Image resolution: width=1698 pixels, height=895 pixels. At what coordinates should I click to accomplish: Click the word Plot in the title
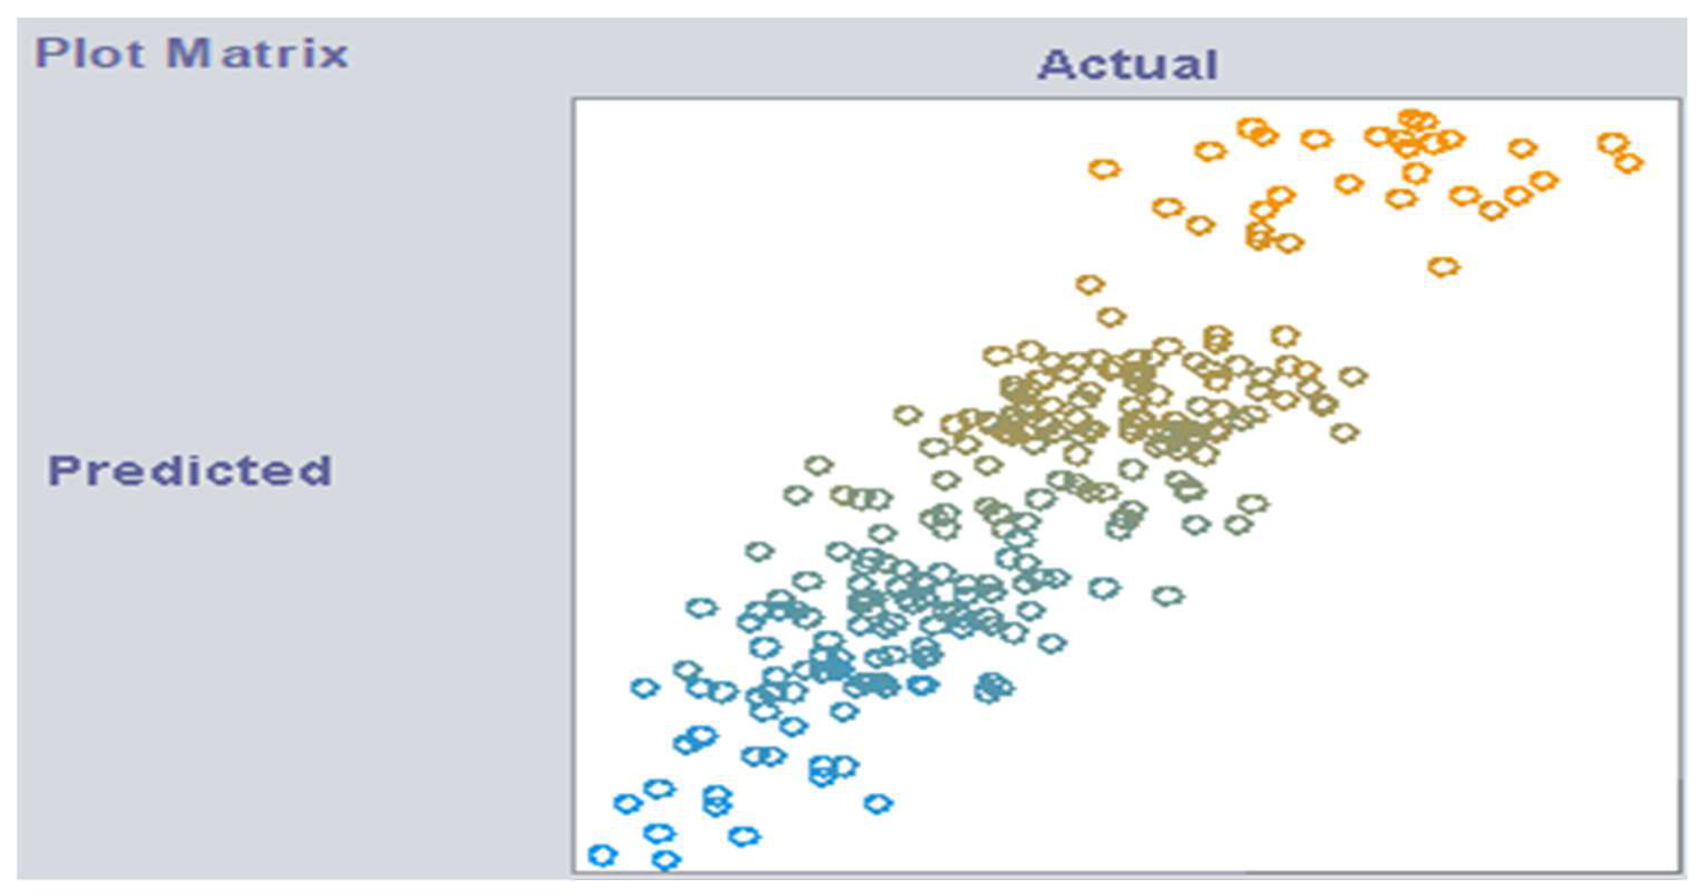(x=89, y=54)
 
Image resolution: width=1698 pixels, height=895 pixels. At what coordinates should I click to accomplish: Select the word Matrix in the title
(x=257, y=54)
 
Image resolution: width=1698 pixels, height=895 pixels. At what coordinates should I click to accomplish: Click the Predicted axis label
(x=190, y=470)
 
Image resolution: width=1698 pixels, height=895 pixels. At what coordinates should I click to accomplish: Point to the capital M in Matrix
(x=188, y=54)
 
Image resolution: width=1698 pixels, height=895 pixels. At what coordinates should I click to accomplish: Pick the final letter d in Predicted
(x=316, y=470)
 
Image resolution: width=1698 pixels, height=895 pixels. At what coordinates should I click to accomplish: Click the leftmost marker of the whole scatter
(x=602, y=855)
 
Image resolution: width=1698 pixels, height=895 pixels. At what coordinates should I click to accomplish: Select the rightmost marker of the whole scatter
(x=1629, y=162)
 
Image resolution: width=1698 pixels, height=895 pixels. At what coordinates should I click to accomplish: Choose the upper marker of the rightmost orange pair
(x=1612, y=142)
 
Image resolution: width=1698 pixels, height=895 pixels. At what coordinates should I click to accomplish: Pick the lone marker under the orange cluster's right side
(x=1444, y=267)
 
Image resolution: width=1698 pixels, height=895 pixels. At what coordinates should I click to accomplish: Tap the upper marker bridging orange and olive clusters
(x=1090, y=285)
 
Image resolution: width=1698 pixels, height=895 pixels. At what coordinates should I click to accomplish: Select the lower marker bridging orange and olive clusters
(x=1110, y=317)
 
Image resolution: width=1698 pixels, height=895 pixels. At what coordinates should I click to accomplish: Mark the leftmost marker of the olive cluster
(x=908, y=415)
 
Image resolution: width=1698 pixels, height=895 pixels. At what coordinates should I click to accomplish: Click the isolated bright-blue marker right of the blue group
(x=878, y=803)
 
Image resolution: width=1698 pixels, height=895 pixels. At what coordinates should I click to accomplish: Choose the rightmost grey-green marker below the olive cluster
(x=1253, y=505)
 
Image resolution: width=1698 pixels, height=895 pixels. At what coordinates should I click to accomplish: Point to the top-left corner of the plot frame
(x=573, y=100)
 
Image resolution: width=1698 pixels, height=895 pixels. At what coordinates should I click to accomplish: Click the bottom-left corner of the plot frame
(x=573, y=873)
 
